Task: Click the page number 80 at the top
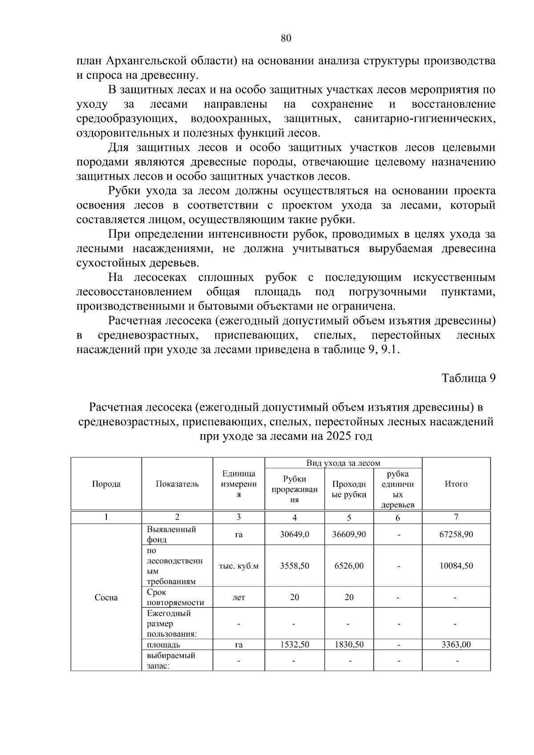tap(286, 39)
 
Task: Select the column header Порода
tap(106, 484)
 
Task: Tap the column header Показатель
tap(177, 484)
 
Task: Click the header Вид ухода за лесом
tap(343, 463)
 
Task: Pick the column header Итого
tap(456, 484)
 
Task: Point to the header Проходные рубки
tap(349, 489)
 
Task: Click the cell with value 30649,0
tap(295, 534)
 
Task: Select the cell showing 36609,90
tap(349, 534)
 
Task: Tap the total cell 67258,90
tap(456, 534)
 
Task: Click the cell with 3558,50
tap(295, 566)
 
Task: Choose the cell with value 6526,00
tap(349, 566)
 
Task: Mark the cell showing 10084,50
tap(456, 566)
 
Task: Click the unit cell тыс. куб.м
tap(239, 566)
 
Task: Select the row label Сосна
tap(106, 598)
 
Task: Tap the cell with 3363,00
tap(456, 645)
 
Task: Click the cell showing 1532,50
tap(295, 645)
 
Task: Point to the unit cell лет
tap(239, 598)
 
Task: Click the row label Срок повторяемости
tap(175, 598)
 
